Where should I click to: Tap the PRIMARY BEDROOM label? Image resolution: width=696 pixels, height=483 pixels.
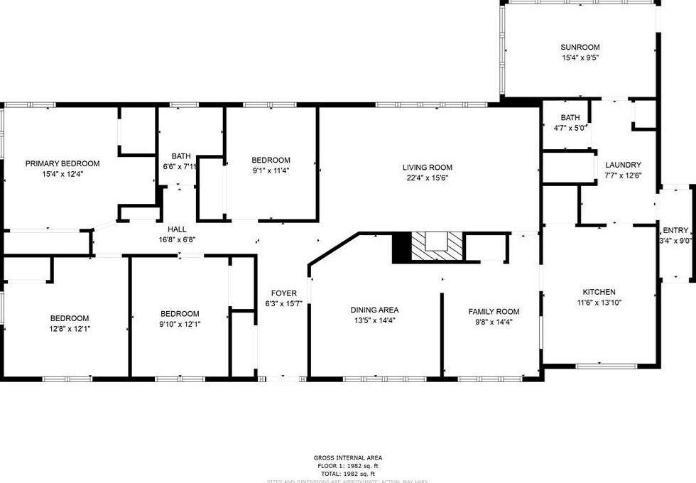point(62,163)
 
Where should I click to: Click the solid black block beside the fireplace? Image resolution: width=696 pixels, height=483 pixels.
point(402,246)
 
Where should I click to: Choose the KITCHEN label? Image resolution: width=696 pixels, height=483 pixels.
point(599,292)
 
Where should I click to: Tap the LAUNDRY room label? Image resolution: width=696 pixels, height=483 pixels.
point(623,165)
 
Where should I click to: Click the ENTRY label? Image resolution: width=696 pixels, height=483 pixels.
point(675,230)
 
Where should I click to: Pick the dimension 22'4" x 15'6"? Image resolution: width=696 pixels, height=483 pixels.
point(428,178)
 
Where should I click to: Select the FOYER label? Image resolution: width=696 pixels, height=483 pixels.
point(284,293)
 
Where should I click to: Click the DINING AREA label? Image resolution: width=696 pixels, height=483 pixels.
point(374,310)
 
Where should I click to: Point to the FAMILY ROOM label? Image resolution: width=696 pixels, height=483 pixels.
point(494,311)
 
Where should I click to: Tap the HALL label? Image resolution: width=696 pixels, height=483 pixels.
point(177,229)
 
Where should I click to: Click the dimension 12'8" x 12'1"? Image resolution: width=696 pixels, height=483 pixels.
point(70,328)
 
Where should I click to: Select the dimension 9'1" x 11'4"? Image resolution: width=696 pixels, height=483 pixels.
point(271,170)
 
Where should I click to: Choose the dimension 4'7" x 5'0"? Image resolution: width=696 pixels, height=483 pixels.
point(570,128)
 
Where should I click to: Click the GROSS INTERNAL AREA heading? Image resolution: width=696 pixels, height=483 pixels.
point(348,458)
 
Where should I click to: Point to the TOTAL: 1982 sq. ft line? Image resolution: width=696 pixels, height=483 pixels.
point(348,473)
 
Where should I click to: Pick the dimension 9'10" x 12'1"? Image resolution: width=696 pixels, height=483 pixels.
point(180,324)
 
